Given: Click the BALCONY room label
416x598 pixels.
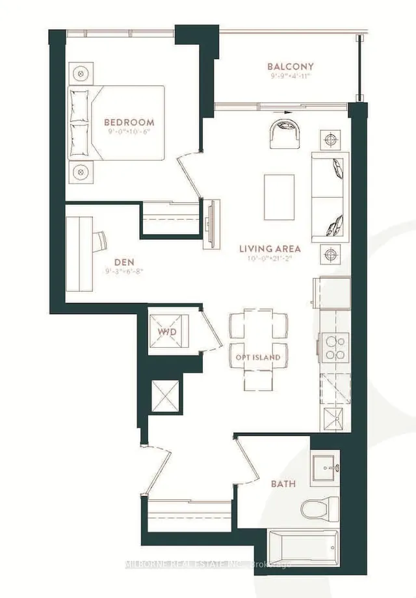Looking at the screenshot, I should click(x=291, y=66).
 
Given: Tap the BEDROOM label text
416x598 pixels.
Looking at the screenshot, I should click(x=129, y=122).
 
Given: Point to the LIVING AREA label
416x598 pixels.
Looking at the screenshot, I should click(x=270, y=248).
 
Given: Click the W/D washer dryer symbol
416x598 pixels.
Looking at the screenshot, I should click(x=168, y=333).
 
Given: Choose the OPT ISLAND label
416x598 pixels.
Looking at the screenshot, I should click(x=258, y=357).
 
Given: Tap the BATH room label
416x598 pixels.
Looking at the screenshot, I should click(x=283, y=484).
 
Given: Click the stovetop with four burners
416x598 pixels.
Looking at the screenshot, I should click(x=335, y=346).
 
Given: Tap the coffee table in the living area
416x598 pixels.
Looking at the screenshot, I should click(x=279, y=196).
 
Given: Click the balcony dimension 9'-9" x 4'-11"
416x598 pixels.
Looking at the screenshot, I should click(x=291, y=75).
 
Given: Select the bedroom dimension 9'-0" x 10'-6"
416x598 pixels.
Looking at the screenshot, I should click(x=129, y=131).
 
